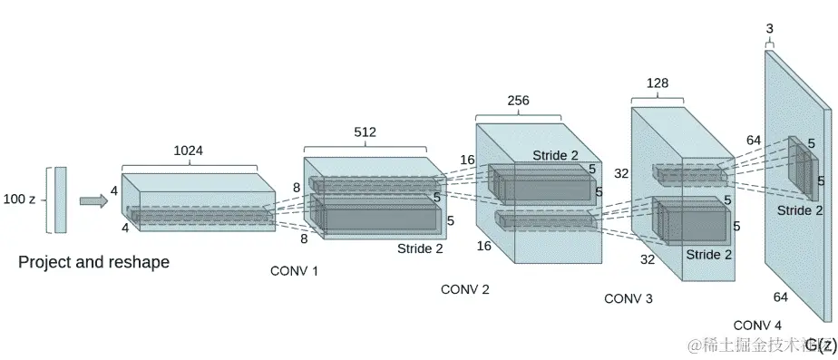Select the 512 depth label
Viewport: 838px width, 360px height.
tap(365, 132)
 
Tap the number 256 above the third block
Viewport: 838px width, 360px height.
tap(518, 101)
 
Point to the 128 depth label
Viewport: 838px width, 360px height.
tap(658, 83)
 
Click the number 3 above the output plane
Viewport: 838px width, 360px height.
tap(770, 29)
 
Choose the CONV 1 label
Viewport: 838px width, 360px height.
tap(294, 270)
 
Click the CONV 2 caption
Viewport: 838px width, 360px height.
tap(464, 289)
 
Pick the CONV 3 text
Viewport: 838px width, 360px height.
tap(628, 297)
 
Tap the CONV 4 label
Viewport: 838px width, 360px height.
tap(757, 325)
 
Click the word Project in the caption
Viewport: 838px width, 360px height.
tap(44, 263)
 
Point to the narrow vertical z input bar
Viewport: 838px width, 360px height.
tap(60, 199)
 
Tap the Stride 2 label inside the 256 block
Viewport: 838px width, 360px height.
tap(555, 155)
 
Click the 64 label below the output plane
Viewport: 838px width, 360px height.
tap(781, 297)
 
